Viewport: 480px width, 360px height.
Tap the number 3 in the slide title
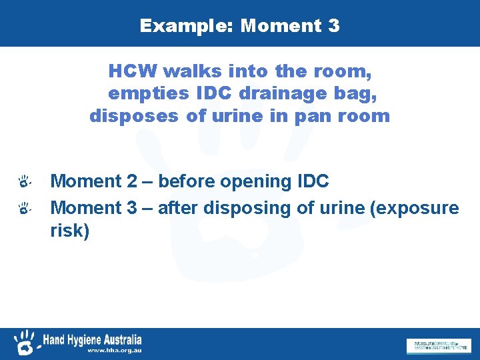pyautogui.click(x=333, y=26)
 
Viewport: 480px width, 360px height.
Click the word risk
pyautogui.click(x=70, y=231)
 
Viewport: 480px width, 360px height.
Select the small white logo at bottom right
pyautogui.click(x=438, y=345)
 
